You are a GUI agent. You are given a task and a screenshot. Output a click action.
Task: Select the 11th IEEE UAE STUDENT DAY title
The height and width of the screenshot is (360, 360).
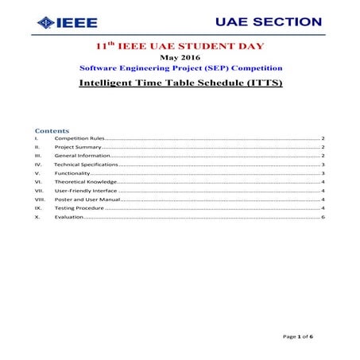click(x=180, y=48)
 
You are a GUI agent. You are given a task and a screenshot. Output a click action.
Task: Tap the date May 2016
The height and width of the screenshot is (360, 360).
click(x=180, y=58)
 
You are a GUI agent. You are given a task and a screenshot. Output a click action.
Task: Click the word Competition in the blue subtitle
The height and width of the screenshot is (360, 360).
click(x=253, y=68)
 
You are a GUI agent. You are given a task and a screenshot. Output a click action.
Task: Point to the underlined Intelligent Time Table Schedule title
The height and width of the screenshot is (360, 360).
click(x=180, y=83)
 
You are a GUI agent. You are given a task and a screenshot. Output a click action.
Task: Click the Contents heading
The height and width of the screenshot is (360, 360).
click(x=52, y=130)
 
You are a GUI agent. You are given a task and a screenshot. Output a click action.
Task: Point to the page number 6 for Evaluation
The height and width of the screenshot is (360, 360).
click(x=323, y=217)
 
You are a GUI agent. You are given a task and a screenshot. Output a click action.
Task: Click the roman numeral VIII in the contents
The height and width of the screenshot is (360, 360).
click(x=41, y=199)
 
